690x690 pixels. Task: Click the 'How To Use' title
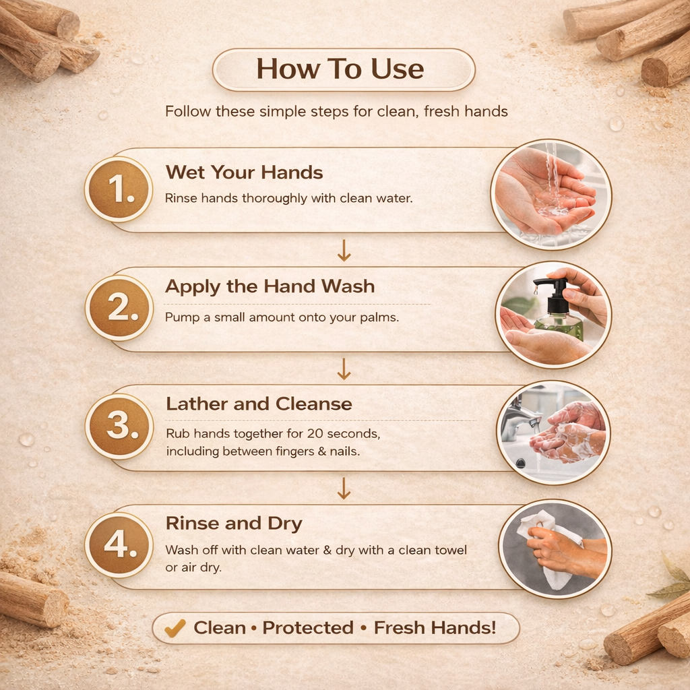point(340,69)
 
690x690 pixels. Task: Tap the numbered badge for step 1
point(119,189)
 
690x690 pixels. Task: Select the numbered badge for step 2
point(119,308)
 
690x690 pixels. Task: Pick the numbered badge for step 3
point(119,427)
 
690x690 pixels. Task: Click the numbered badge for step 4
point(119,545)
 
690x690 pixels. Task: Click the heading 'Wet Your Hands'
point(244,172)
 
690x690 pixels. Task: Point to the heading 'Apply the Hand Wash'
point(270,287)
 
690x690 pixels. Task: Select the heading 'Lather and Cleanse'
point(259,404)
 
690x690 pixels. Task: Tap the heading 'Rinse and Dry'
point(234,524)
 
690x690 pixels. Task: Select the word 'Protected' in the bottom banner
point(308,628)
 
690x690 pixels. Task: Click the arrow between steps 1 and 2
point(344,251)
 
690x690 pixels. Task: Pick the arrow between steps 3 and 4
point(344,489)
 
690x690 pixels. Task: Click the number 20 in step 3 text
point(315,434)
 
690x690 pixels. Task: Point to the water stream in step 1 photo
point(553,181)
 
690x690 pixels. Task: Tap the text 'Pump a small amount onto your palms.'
point(282,317)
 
